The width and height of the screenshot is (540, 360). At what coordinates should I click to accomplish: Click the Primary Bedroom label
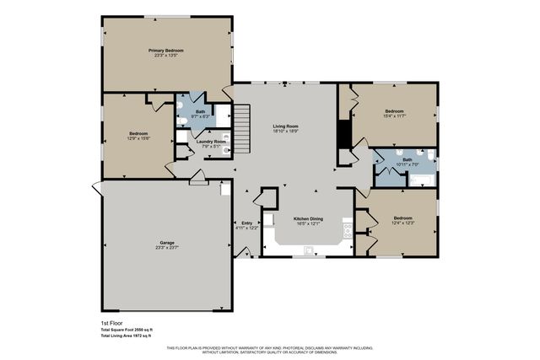point(166,51)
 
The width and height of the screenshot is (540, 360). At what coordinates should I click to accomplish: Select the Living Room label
point(285,126)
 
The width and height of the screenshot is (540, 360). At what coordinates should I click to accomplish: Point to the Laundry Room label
point(210,141)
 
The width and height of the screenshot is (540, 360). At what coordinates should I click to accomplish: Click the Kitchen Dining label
point(308,218)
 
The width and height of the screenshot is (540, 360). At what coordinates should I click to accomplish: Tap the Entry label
point(247,223)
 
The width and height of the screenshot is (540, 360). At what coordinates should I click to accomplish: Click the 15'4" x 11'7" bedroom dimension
point(395,116)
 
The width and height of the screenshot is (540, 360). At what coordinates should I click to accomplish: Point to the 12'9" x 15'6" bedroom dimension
point(139,139)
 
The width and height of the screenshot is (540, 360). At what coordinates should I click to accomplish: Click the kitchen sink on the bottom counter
point(310,249)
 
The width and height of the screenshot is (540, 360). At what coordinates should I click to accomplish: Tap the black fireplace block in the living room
point(343,135)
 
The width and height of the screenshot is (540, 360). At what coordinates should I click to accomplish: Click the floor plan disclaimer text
point(270,350)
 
